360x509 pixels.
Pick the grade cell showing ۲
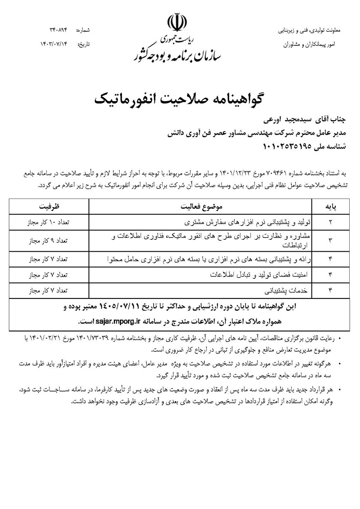click(x=330, y=223)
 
